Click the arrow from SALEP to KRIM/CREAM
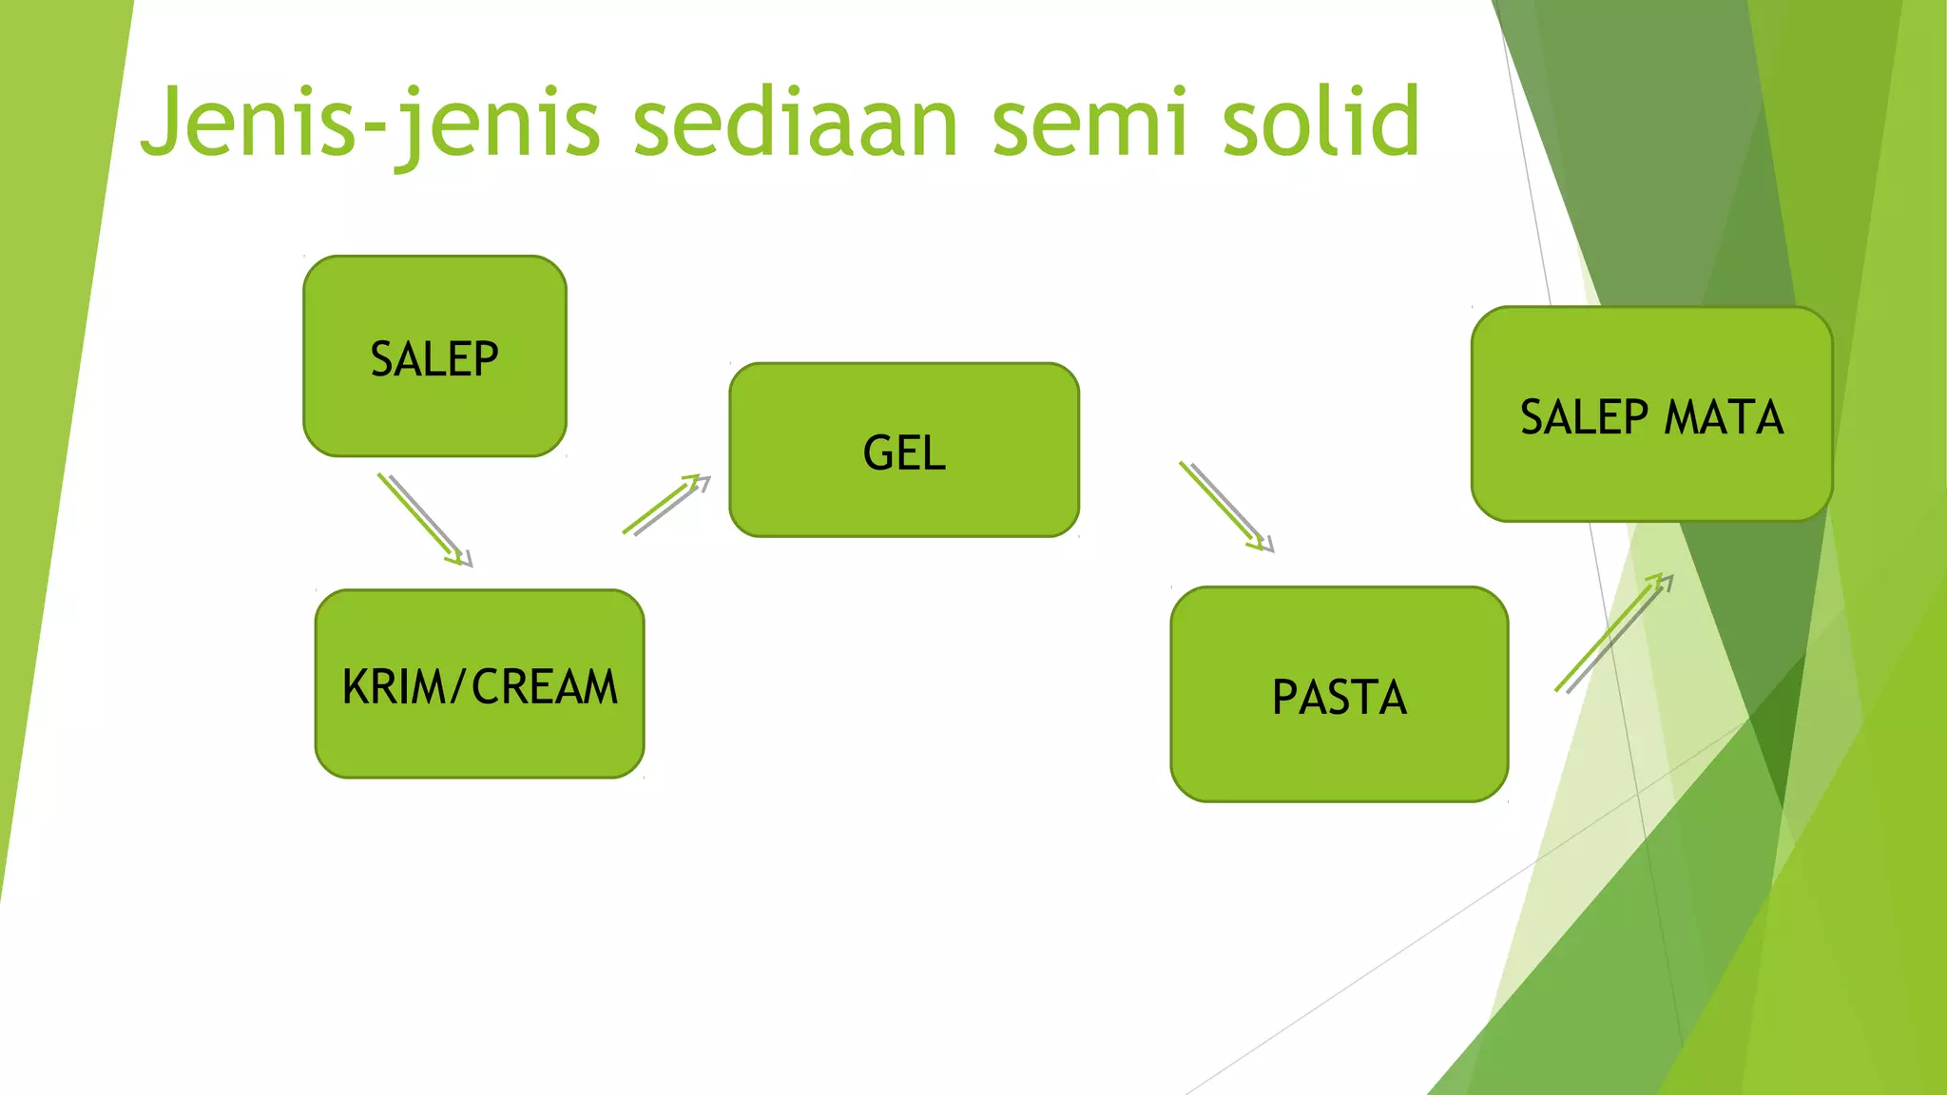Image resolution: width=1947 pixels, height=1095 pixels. pos(424,519)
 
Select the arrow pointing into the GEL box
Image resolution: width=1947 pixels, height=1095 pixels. pos(665,506)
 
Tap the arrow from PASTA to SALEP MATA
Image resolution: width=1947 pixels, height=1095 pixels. pos(1613,633)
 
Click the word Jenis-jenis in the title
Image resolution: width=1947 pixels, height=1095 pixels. pos(371,124)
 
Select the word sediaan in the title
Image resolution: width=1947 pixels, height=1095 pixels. pos(796,124)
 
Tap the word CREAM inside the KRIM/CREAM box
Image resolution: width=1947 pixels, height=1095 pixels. pos(545,686)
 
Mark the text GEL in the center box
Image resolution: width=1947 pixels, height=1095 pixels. pos(904,452)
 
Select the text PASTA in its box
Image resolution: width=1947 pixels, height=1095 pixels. pos(1339,697)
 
